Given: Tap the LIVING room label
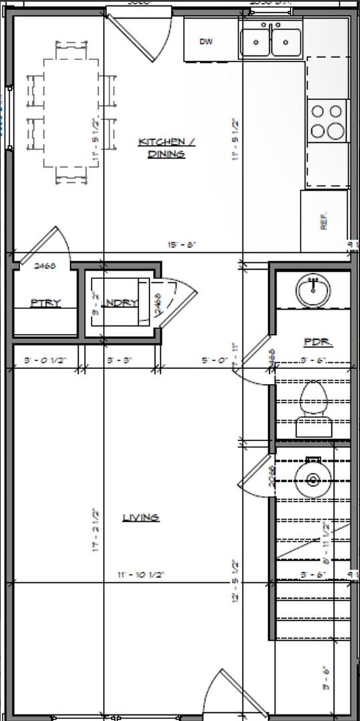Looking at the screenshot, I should click(x=140, y=517).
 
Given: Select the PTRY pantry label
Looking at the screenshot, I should click(x=45, y=303).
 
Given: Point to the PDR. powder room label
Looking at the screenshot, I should click(x=318, y=342).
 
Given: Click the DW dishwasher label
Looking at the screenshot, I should click(x=206, y=41).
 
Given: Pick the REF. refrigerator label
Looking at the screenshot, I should click(x=325, y=221).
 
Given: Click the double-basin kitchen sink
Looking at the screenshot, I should click(x=271, y=41).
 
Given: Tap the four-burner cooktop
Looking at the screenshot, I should click(x=328, y=121).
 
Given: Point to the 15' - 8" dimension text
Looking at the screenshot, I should click(x=182, y=245).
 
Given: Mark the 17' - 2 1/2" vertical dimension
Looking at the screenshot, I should click(x=96, y=529).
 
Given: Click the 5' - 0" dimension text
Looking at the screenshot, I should click(x=214, y=360).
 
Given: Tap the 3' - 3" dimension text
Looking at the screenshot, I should click(x=120, y=360).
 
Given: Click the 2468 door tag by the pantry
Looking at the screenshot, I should click(x=45, y=265).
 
